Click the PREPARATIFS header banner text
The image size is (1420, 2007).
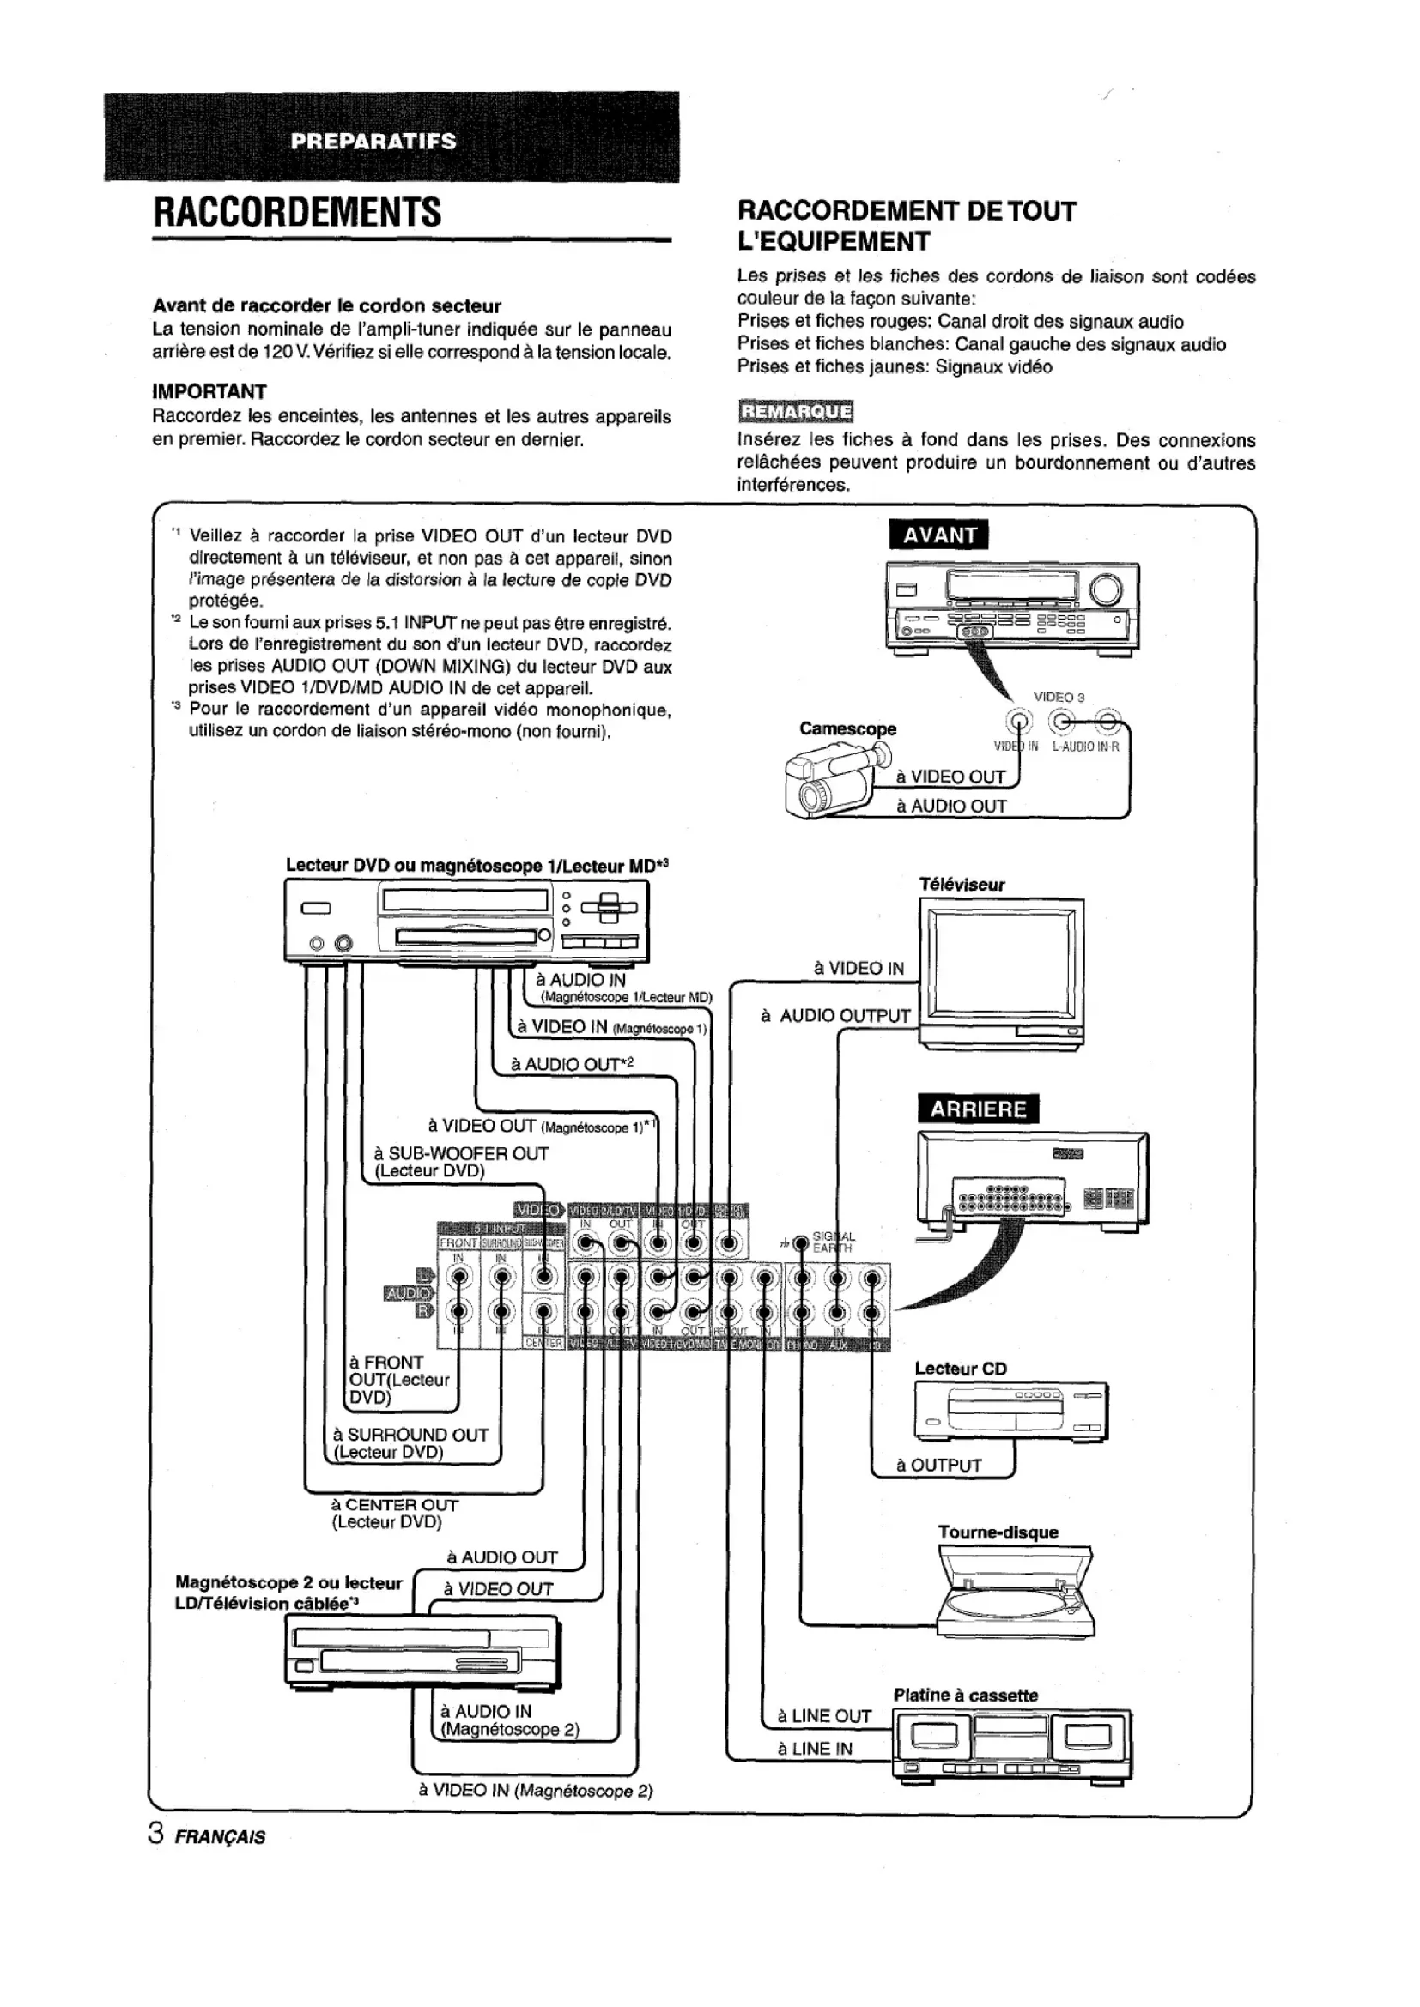373,142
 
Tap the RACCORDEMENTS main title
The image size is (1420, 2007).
297,213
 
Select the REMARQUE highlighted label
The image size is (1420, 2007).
795,411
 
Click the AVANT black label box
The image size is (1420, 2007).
938,535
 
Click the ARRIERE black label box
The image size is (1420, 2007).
978,1109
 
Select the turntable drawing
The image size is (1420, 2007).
1014,1599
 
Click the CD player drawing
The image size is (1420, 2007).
1010,1412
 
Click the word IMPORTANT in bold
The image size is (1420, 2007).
209,390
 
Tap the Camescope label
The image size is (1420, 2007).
847,729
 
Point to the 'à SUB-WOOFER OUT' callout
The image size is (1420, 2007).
461,1153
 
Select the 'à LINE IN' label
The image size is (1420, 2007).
814,1748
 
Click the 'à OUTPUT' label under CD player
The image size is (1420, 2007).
938,1466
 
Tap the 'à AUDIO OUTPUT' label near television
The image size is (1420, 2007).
835,1016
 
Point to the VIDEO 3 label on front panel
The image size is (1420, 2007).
1058,697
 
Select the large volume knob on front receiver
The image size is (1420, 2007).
1105,590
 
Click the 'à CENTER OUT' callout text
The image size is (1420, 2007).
394,1505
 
